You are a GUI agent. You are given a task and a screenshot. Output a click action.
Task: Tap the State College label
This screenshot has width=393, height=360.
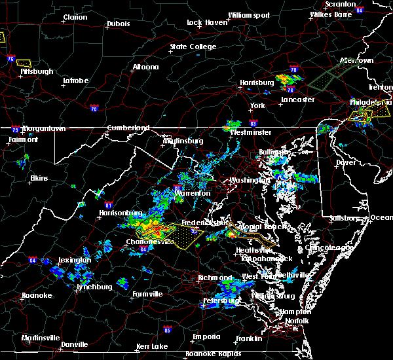193,46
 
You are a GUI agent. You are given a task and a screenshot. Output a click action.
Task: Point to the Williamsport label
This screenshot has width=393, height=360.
249,14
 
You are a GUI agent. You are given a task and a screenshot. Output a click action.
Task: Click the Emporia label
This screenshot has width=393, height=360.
206,336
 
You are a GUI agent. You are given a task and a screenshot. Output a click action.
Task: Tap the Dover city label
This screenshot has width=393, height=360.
345,162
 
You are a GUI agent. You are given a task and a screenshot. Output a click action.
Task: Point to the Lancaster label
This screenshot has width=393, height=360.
298,99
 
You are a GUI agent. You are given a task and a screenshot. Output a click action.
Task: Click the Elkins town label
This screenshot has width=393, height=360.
39,178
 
